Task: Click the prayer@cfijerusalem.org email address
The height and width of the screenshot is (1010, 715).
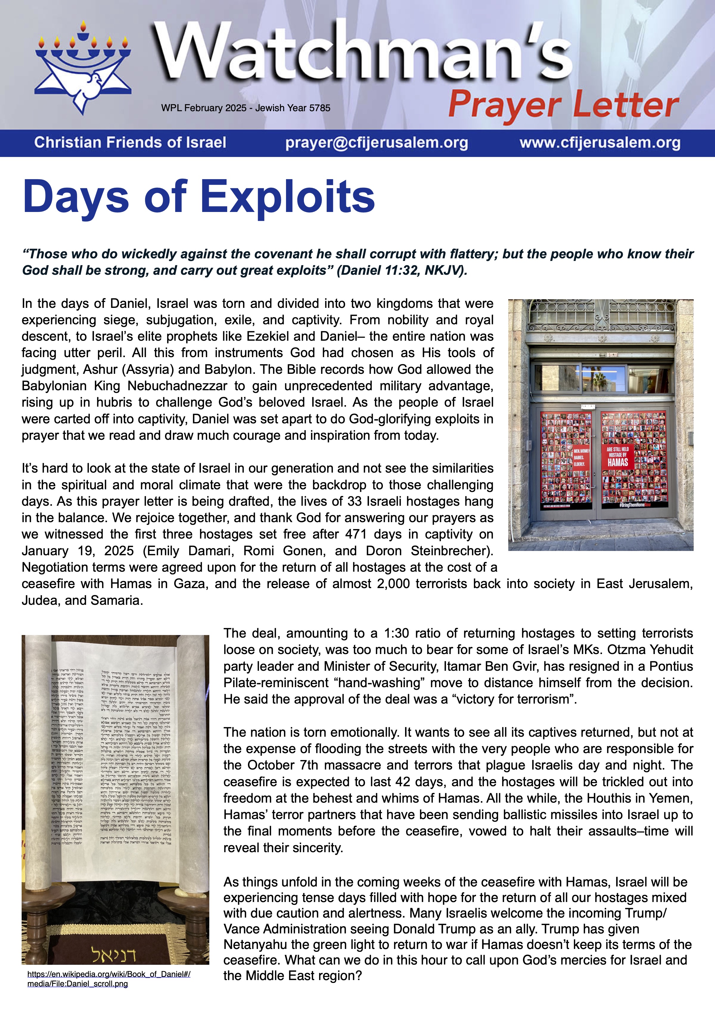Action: click(377, 143)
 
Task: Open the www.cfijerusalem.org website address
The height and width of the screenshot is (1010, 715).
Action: click(600, 143)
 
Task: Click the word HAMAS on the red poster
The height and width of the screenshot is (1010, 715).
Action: click(618, 462)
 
